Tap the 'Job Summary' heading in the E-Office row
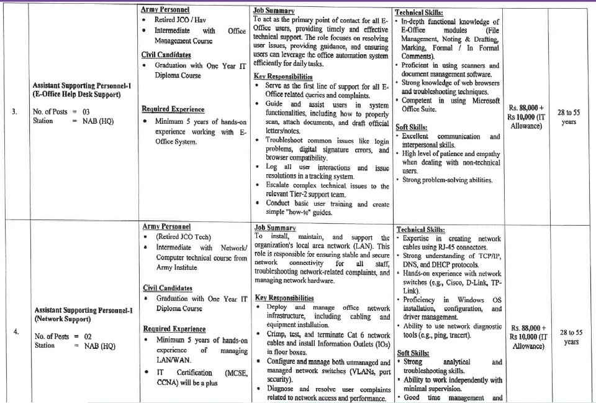click(273, 11)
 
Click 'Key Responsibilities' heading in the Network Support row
click(284, 298)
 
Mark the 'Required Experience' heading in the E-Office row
click(171, 109)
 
